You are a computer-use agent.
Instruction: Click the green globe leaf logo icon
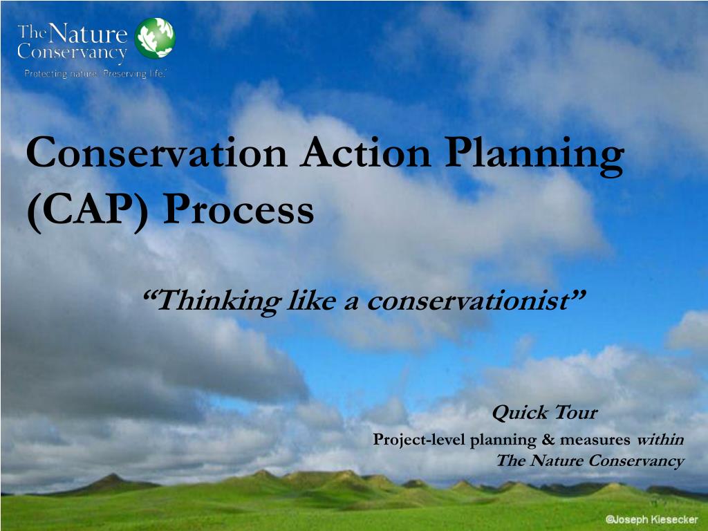(x=155, y=38)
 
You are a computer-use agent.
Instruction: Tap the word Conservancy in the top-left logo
(x=72, y=53)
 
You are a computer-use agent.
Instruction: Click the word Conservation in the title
(x=156, y=153)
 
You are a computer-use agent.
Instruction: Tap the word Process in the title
(x=238, y=212)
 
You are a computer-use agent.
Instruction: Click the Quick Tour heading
(x=544, y=413)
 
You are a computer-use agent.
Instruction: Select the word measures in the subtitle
(x=595, y=440)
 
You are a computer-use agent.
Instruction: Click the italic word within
(x=660, y=439)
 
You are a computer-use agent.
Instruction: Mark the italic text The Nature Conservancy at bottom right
(x=590, y=461)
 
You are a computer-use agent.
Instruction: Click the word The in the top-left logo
(x=31, y=30)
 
